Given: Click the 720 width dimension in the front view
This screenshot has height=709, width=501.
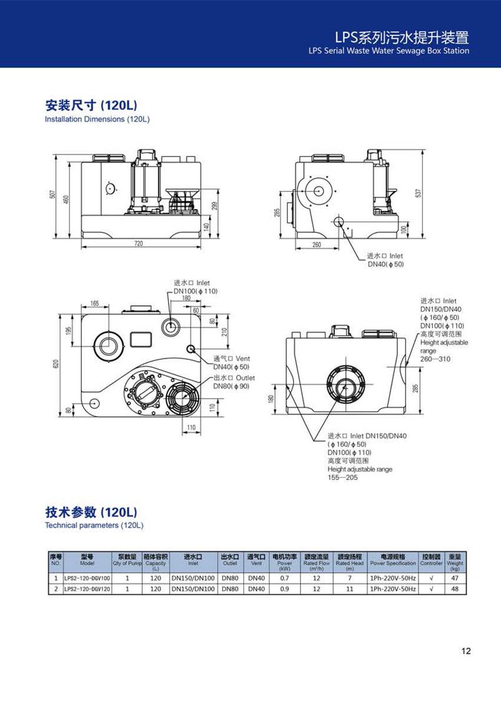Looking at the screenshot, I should point(138,243).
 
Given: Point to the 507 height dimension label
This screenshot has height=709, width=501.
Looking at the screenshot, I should point(52,194).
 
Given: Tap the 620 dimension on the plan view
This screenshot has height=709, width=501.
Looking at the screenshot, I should point(56,364).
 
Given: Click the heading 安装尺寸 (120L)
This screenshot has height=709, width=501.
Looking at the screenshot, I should point(91,105).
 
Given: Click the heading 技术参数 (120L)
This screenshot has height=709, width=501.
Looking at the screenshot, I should point(91,511).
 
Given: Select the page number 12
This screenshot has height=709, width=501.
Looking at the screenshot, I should point(466,651).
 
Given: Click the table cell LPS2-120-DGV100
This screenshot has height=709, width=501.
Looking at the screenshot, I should point(87,578).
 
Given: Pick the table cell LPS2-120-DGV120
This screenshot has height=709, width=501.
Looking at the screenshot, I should point(87,588).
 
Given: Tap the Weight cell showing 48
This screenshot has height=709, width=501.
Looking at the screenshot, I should point(454,588).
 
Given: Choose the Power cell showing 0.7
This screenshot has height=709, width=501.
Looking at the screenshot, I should point(285,578).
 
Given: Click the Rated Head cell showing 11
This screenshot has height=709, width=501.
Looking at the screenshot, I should point(350,588).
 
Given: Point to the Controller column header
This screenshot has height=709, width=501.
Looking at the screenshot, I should point(431,559).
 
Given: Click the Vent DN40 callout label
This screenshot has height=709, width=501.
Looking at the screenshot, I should point(232,363).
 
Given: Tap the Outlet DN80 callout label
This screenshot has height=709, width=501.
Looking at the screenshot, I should point(234,382).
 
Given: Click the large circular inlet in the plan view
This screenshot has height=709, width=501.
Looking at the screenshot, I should point(107,344).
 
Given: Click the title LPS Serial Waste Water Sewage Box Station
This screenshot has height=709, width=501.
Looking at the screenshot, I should point(388,51).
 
